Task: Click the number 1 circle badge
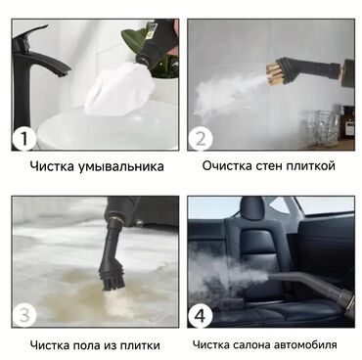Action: click(x=23, y=139)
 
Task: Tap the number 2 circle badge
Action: click(x=201, y=139)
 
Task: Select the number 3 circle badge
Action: click(x=24, y=315)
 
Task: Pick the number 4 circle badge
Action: click(x=201, y=315)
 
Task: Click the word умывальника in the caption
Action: click(x=120, y=167)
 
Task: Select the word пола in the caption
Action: click(x=88, y=345)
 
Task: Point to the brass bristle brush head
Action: click(x=274, y=74)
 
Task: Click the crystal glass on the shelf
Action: click(x=323, y=127)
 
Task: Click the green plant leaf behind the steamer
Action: click(x=134, y=40)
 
